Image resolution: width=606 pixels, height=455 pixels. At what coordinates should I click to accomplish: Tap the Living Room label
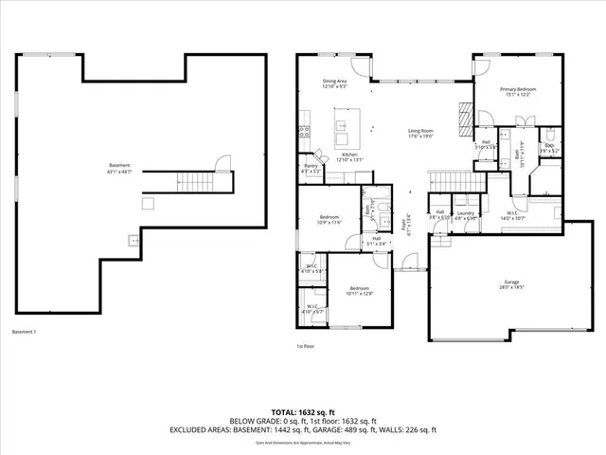click(420, 133)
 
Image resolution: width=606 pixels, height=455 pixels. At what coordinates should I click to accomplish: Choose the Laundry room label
click(464, 214)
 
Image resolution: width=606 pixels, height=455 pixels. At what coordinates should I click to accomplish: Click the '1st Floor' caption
click(306, 347)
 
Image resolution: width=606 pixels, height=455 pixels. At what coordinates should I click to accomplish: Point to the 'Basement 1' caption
click(24, 332)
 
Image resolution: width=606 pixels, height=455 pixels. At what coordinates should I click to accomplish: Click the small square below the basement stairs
click(147, 202)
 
